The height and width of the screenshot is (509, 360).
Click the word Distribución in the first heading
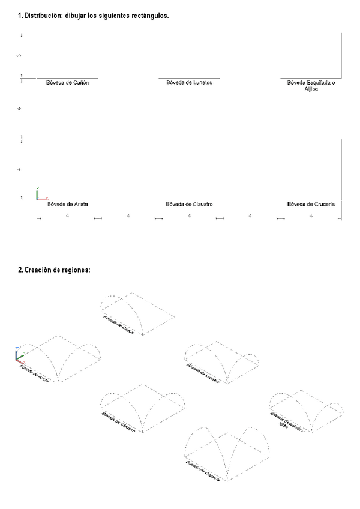point(43,16)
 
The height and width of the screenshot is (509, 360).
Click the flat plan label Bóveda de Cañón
point(67,83)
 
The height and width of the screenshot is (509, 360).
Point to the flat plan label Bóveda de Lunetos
point(189,83)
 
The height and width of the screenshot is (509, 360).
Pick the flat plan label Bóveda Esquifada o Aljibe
point(311,86)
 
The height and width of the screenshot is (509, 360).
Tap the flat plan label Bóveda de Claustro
point(190,204)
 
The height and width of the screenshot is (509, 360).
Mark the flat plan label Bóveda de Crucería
point(311,204)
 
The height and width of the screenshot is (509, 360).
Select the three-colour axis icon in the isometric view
point(19,355)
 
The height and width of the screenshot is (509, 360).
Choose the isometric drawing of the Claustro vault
point(141,407)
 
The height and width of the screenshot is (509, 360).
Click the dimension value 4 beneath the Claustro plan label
point(189,215)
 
